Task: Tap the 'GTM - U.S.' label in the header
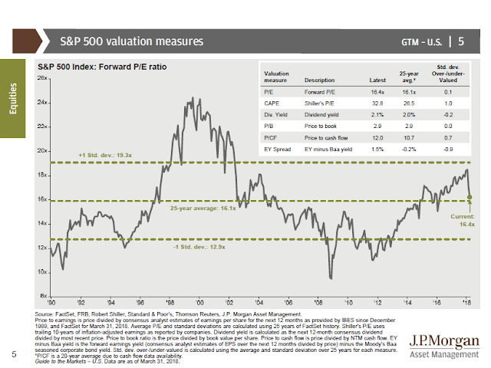(424, 41)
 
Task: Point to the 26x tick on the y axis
(44, 78)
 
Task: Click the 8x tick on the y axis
(45, 296)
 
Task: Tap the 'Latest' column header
(377, 80)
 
